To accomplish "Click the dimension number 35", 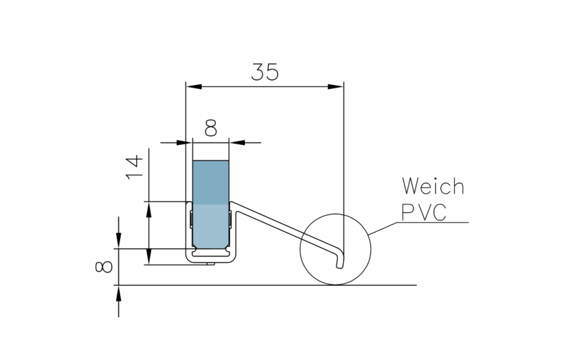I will click(264, 72).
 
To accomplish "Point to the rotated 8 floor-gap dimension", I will click(105, 266).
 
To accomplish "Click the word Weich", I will click(432, 185).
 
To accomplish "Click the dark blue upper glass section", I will click(210, 182).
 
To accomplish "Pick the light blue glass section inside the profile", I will click(210, 226).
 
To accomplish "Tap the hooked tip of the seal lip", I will click(339, 261).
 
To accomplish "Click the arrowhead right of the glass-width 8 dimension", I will click(237, 142).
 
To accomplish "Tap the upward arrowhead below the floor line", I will click(119, 292).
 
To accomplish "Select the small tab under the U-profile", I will click(211, 263).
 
